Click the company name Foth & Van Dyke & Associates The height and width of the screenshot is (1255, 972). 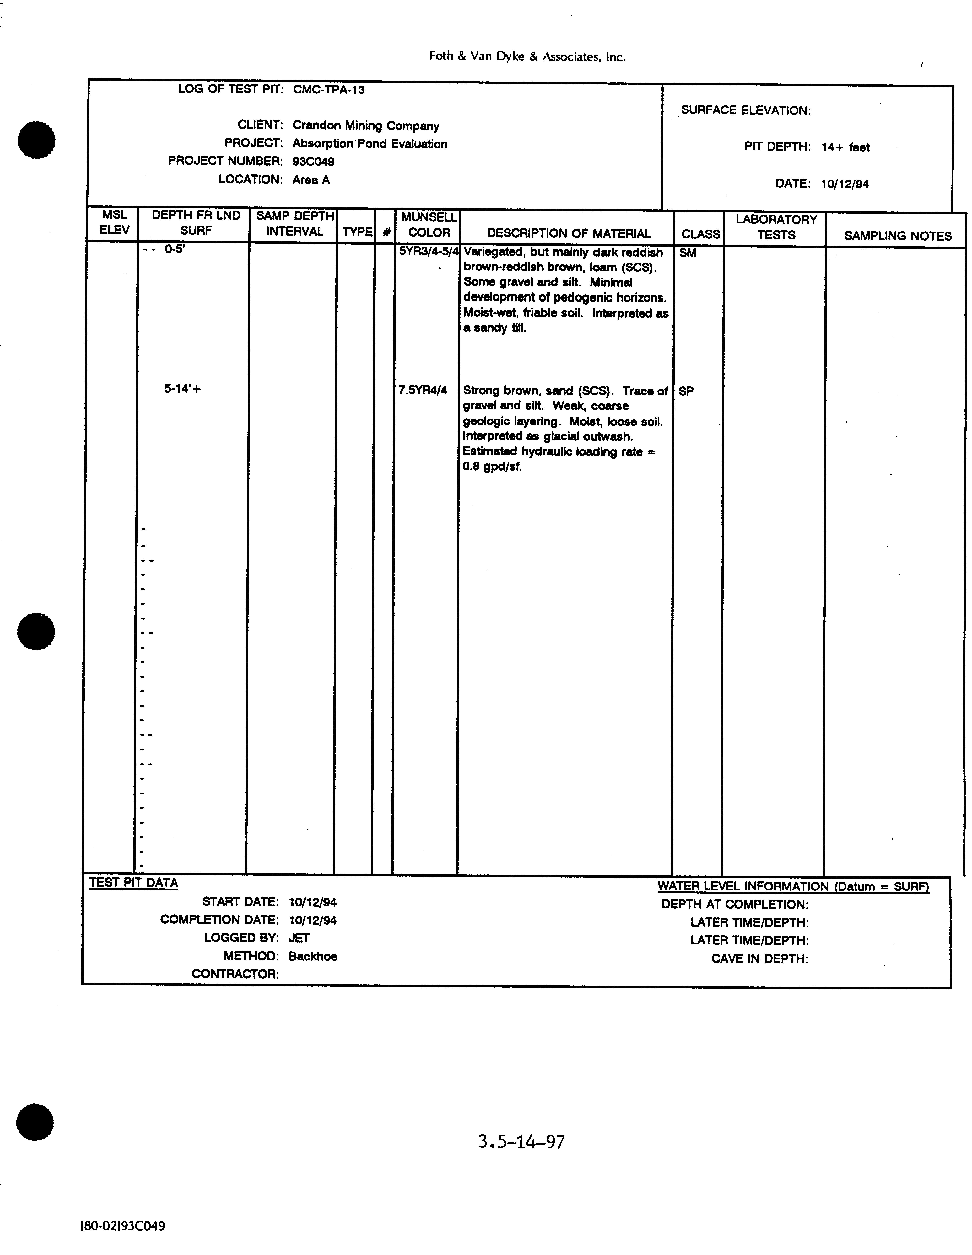527,56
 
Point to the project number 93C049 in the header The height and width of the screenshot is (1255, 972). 313,162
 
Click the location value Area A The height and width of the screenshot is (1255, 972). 311,180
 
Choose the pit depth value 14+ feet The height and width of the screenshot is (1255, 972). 845,147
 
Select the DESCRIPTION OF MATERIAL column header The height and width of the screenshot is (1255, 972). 569,233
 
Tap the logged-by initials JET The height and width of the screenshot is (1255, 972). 299,938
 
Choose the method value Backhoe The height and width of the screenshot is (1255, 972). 313,956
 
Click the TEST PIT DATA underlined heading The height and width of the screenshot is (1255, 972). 133,883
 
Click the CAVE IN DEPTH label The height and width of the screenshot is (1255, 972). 759,959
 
